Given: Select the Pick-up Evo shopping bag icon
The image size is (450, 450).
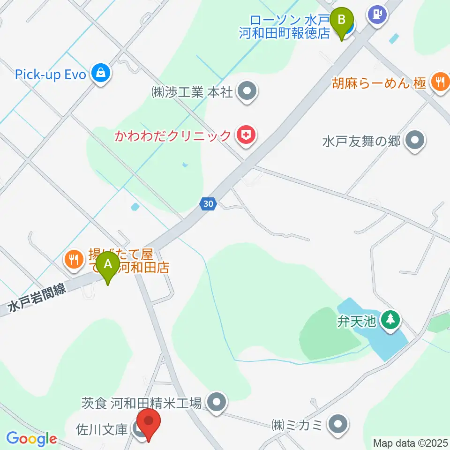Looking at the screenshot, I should [101, 73].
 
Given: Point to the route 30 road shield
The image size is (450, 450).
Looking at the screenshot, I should [209, 203].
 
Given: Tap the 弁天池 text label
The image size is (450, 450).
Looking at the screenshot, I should [356, 322].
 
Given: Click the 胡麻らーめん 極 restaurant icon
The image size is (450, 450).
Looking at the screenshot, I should [440, 82].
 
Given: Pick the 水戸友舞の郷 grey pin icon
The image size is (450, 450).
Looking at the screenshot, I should [414, 140].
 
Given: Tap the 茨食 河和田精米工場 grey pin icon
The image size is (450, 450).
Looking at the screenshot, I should [216, 402].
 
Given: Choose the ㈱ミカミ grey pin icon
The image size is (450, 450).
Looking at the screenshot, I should [338, 425].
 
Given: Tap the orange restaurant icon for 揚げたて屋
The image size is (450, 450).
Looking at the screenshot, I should [73, 258].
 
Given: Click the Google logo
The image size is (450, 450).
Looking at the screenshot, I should [31, 439].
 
